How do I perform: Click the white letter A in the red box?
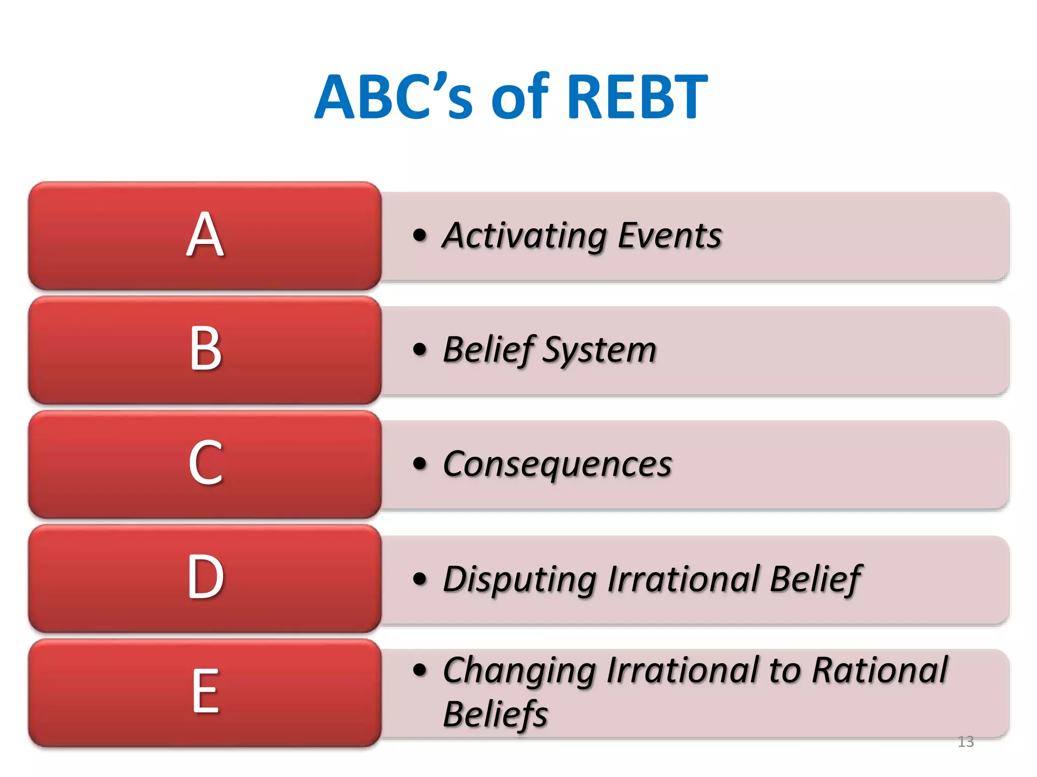(205, 235)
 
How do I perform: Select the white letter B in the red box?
(205, 349)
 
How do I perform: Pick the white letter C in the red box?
(205, 463)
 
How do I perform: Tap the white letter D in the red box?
(205, 577)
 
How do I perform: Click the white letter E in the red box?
(205, 691)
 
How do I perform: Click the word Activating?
(524, 236)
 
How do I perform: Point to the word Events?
(669, 236)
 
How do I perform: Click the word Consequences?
(557, 464)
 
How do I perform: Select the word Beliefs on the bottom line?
(495, 714)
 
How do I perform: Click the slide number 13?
(966, 742)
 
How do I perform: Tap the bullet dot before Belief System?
(420, 349)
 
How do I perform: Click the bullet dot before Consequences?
(420, 463)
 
